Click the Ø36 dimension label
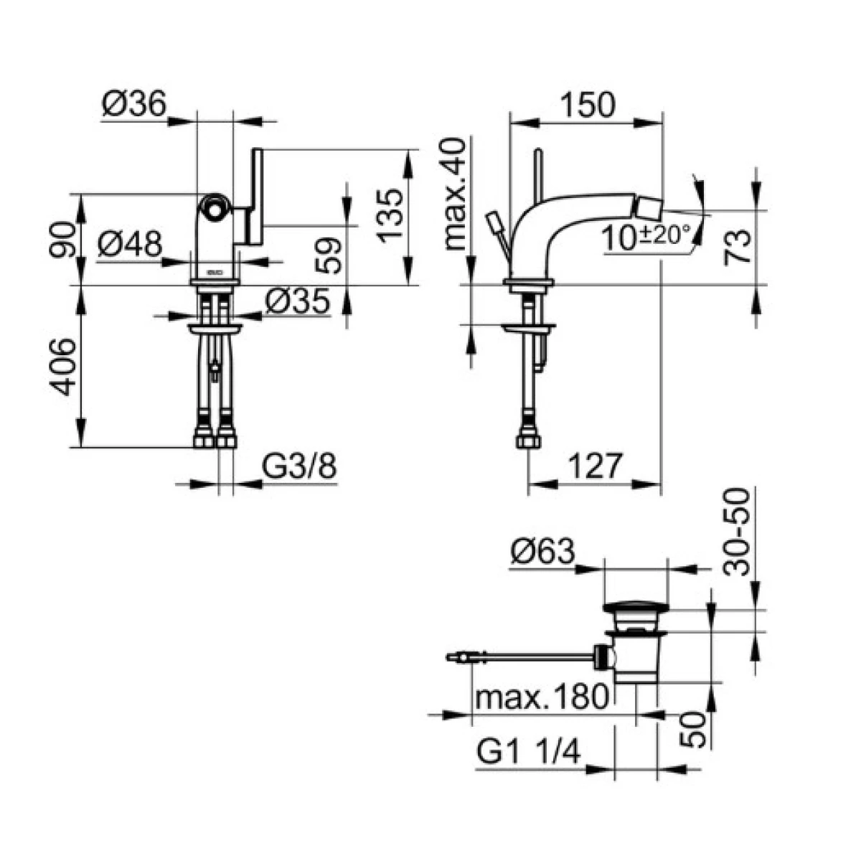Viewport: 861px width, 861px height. [x=134, y=103]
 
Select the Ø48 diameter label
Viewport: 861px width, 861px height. [x=130, y=245]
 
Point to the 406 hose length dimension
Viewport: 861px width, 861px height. [x=62, y=367]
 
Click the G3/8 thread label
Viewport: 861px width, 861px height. [x=299, y=466]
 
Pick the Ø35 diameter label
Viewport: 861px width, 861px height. [x=298, y=301]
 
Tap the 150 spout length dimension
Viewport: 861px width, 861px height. [x=588, y=105]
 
